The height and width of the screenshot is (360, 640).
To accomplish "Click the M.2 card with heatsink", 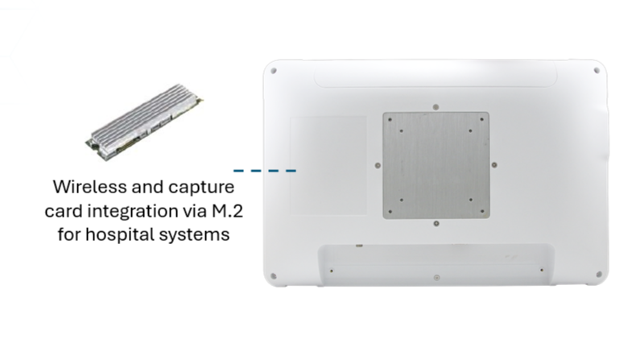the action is coord(144,122).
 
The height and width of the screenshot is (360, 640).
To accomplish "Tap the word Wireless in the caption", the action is coord(90,187).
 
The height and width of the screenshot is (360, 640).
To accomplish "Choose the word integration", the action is coord(133,212).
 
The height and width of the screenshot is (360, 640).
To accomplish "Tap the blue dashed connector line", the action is coord(265,171).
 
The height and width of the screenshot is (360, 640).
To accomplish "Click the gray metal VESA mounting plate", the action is coord(436,165).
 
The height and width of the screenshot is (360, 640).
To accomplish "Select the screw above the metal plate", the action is coord(436,107).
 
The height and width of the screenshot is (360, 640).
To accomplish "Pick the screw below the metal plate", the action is coord(436,224).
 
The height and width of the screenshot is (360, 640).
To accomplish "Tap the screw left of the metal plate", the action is coord(378,165).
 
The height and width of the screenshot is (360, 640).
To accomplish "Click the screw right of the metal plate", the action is coord(494,165).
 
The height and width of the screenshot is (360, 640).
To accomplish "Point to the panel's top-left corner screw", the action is coord(274,71).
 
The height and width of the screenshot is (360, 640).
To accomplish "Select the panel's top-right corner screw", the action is coord(597,71).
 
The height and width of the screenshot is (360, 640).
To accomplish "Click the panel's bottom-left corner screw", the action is coord(274,276).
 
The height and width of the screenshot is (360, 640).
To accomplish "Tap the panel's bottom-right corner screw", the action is coord(599,275).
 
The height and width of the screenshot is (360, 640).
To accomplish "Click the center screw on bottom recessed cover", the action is coord(437,278).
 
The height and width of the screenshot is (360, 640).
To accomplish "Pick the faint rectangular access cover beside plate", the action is coord(328,165).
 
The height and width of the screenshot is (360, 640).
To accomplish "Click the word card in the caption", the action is coord(64,212).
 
